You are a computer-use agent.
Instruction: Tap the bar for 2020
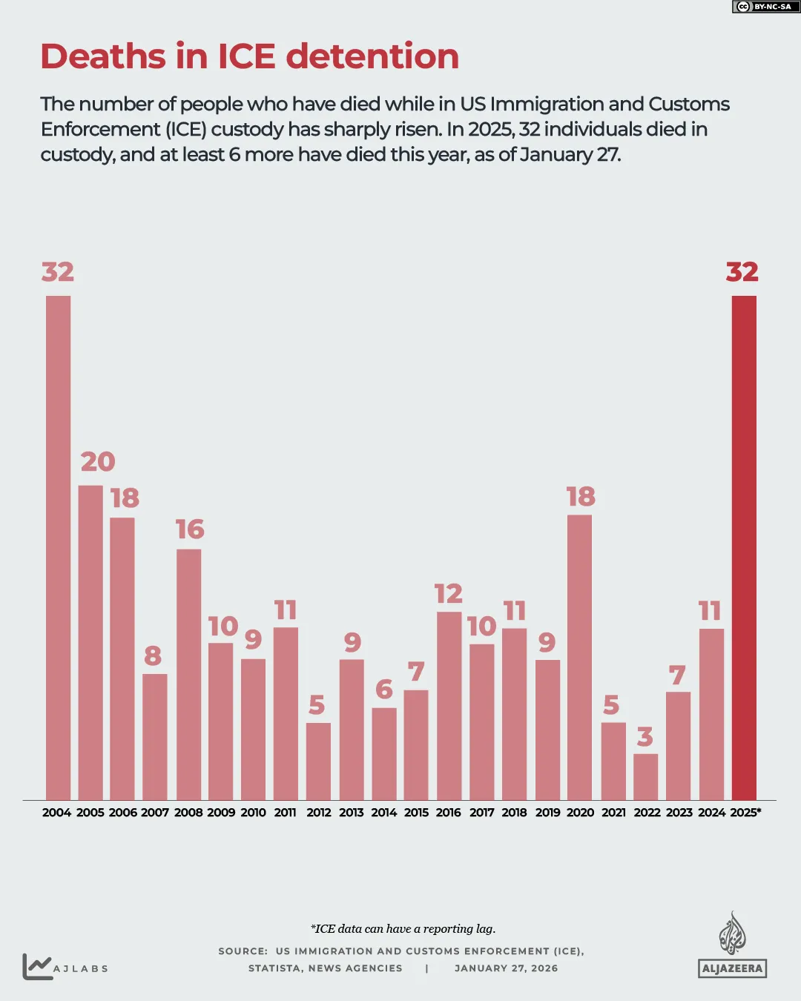click(x=579, y=657)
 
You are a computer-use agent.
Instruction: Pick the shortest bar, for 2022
click(x=645, y=776)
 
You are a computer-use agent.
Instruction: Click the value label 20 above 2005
click(x=98, y=462)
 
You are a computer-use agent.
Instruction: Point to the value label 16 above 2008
click(x=190, y=529)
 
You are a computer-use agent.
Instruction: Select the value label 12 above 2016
click(x=449, y=594)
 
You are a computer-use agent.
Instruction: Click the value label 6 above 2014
click(x=384, y=690)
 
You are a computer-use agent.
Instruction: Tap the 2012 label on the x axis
click(x=318, y=813)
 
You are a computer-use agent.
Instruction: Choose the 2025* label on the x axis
click(x=745, y=813)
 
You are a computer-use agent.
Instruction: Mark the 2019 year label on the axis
click(x=547, y=813)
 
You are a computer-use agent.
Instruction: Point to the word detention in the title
click(x=372, y=56)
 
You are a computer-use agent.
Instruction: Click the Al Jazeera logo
click(x=732, y=945)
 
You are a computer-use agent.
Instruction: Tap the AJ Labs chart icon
click(x=37, y=966)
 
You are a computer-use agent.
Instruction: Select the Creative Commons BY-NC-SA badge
click(x=765, y=7)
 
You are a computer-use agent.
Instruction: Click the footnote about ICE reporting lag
click(x=403, y=929)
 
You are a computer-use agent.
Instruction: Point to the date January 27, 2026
click(x=506, y=968)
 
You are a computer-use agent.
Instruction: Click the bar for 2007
click(x=154, y=736)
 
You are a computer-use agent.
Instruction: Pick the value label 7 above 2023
click(x=677, y=675)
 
